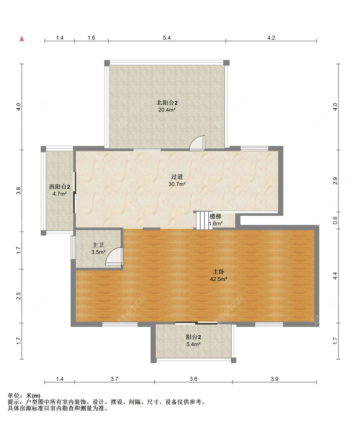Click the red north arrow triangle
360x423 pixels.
coord(22,38)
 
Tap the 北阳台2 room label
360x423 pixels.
coord(167,103)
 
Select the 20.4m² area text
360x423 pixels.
coord(167,110)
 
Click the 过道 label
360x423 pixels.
coord(177,176)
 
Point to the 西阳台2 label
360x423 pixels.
coord(60,187)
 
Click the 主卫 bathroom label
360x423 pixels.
coord(98,245)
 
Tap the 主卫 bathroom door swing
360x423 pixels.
coord(115,256)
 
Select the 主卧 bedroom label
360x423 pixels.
coord(219,272)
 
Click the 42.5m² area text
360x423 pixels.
coord(219,279)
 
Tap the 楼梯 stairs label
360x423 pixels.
coord(215,216)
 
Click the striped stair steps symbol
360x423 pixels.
coord(204,220)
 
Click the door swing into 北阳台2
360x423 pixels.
coord(197,143)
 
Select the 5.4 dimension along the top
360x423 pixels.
coord(167,38)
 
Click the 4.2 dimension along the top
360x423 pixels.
coord(271,38)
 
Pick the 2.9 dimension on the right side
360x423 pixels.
coord(335,181)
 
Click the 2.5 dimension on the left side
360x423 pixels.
coord(19,296)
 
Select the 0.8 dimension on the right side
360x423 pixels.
coord(335,220)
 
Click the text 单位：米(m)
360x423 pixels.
coord(24,396)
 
